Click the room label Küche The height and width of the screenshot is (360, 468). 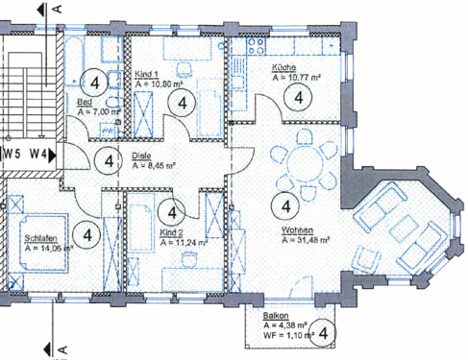pos(285,67)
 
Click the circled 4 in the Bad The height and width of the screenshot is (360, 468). pos(94,83)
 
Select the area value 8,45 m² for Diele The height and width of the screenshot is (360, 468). pos(153,165)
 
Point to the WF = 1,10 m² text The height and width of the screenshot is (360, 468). pos(283,334)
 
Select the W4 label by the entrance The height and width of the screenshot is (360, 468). pos(39,153)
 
